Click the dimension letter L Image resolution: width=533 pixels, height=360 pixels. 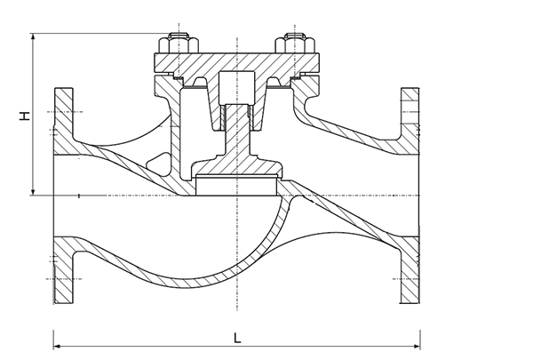238,337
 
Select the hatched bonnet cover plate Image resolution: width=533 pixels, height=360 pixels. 236,63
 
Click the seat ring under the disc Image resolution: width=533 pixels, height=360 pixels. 236,186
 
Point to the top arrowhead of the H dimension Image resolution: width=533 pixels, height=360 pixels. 33,38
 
